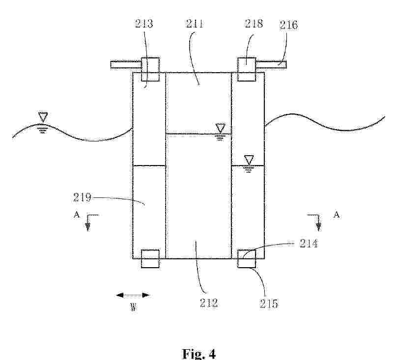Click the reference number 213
pos(144,24)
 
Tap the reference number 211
pos(195,24)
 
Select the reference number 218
pos(254,24)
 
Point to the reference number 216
pos(288,25)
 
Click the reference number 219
pos(82,197)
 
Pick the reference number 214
pos(309,243)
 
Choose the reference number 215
pos(269,304)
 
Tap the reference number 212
pos(209,303)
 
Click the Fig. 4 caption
pos(199,354)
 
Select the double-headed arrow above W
pos(133,295)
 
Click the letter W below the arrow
pos(133,307)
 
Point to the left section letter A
pos(77,215)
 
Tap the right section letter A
pos(337,215)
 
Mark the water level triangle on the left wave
pos(43,117)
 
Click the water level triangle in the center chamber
pos(221,128)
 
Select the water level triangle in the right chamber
pos(249,160)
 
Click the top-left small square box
pos(150,69)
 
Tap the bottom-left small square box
pos(150,259)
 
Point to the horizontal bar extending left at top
pos(125,65)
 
